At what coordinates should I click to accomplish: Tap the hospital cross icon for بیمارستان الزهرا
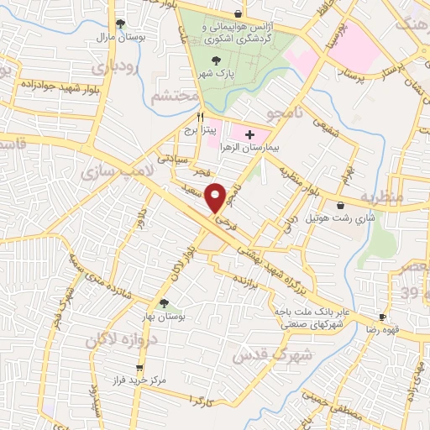tap(249, 134)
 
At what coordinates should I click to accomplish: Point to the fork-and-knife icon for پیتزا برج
tap(200, 117)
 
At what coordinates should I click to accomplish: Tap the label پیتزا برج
tap(202, 131)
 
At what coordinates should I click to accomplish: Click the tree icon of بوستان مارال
tap(121, 24)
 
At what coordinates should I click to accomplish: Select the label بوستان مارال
tap(121, 38)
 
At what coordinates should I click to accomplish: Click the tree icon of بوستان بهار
tap(164, 304)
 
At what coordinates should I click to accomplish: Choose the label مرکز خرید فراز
tap(139, 382)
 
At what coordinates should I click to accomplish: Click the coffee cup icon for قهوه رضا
tap(382, 317)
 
